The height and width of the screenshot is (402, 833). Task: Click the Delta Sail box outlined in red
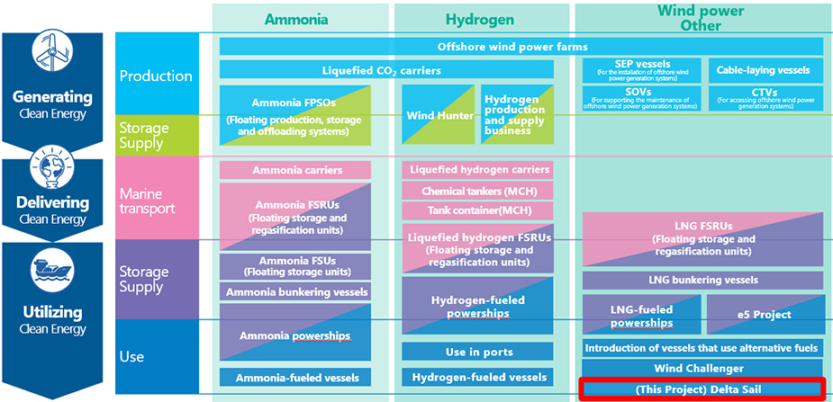(702, 389)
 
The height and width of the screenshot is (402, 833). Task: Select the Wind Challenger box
(702, 368)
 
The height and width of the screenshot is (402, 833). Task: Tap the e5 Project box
(765, 315)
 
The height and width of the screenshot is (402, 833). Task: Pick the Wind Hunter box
(435, 115)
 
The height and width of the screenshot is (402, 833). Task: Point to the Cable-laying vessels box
(764, 69)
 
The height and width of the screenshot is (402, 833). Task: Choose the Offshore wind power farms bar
(521, 46)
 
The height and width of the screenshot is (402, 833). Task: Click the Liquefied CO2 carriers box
(385, 69)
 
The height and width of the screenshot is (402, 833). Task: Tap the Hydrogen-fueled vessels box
(477, 377)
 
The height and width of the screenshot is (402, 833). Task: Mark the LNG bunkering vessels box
(702, 280)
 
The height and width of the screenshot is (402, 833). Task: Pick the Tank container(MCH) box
(477, 210)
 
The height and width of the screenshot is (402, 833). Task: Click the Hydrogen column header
(480, 19)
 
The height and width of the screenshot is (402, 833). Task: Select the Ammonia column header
(297, 19)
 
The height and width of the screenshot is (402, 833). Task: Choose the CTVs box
(764, 98)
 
